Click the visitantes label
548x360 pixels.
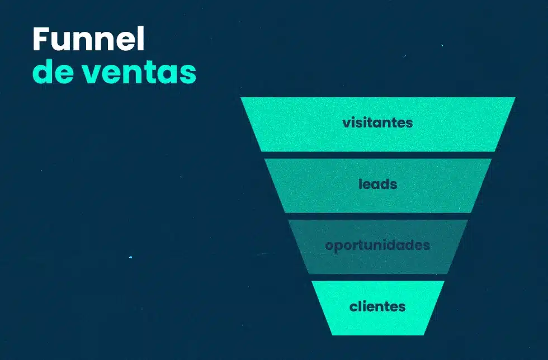tap(377, 122)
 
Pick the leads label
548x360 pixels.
tap(377, 184)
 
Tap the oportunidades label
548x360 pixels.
tap(377, 245)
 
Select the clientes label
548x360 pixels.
tap(377, 307)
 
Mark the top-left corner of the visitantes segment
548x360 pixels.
tap(242, 98)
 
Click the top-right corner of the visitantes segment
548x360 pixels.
tap(514, 98)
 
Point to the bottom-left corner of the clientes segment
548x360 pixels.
tap(332, 334)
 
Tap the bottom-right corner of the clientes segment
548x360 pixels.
tap(423, 334)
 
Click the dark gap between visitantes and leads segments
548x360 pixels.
tap(377, 155)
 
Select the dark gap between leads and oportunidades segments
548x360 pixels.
tap(377, 216)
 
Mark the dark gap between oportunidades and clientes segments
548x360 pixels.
tap(377, 278)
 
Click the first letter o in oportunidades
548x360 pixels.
tap(329, 246)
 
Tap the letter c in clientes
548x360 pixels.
tap(353, 307)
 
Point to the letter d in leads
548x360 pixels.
tap(386, 184)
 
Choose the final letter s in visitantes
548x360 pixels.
tap(409, 123)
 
